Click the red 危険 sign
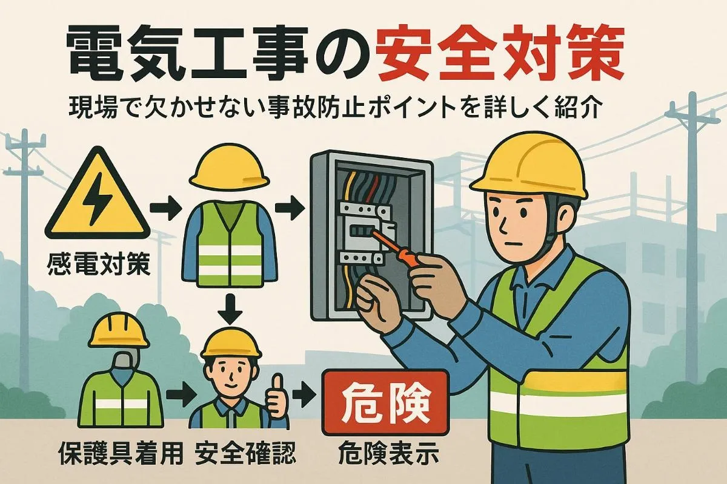click(385, 403)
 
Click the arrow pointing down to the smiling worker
click(230, 310)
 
